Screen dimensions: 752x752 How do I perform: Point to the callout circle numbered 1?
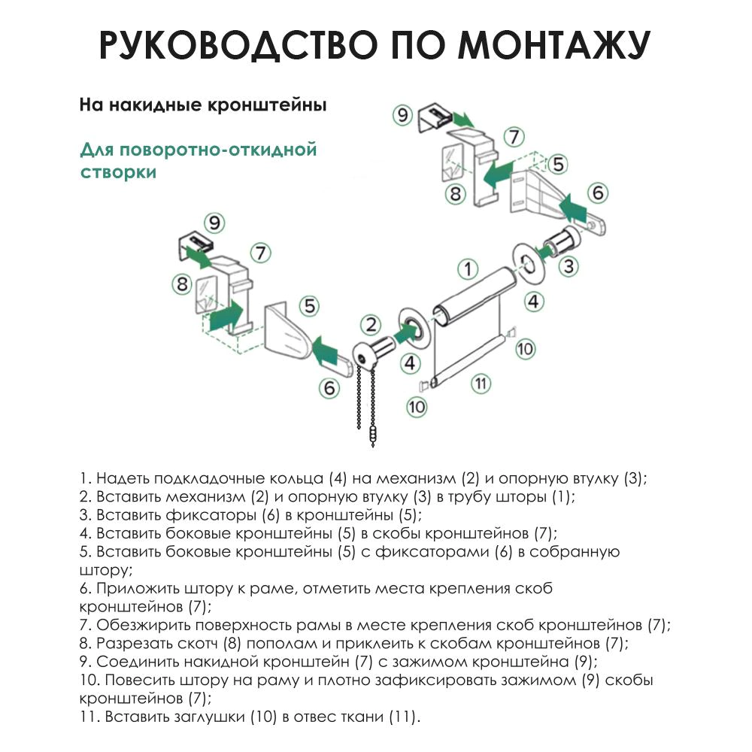pos(468,268)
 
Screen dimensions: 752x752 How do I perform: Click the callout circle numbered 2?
pos(370,325)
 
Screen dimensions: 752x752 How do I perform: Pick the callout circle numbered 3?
pos(569,265)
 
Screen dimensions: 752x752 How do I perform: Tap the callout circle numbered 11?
pos(481,383)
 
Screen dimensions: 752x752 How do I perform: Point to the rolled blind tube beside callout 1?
pos(474,297)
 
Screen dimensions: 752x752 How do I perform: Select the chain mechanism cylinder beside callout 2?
pos(376,350)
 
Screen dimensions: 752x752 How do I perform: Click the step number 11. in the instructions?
pos(89,717)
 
